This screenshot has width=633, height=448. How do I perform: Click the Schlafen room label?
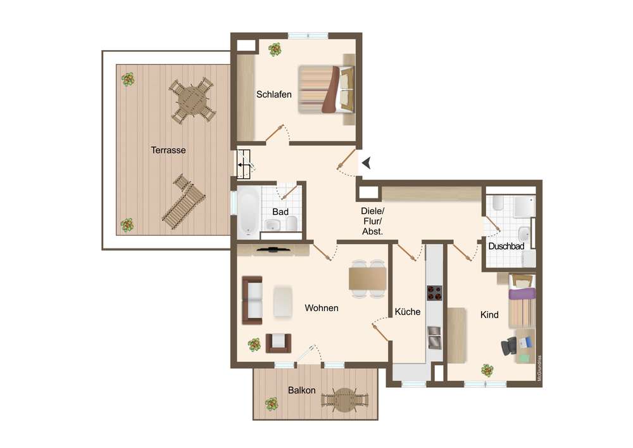coord(273,94)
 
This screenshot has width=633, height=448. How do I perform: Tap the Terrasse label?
coord(168,150)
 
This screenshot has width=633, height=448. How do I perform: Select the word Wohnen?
coord(322,308)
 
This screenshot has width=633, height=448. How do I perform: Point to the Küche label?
coord(407,312)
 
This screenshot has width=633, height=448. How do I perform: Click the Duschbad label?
coord(506,246)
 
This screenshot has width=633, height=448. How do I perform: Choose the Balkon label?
coord(301,390)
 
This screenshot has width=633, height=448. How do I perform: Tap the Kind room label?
coord(489,315)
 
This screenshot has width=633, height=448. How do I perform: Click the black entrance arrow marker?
coord(367,163)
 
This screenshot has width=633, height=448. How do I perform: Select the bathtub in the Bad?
coord(248,212)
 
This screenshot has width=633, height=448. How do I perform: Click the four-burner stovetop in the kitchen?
coord(434,293)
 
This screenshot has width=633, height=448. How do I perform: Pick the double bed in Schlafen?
coord(327,90)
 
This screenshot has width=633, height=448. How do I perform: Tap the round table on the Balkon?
coord(344,400)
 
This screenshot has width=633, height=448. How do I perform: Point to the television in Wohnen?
coord(273,249)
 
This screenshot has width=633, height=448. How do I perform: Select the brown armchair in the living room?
coord(279,343)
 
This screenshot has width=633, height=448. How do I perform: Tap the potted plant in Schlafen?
coord(275,49)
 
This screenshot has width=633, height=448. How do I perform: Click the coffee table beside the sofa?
coord(282,302)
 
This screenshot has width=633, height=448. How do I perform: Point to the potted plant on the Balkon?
coord(272,404)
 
